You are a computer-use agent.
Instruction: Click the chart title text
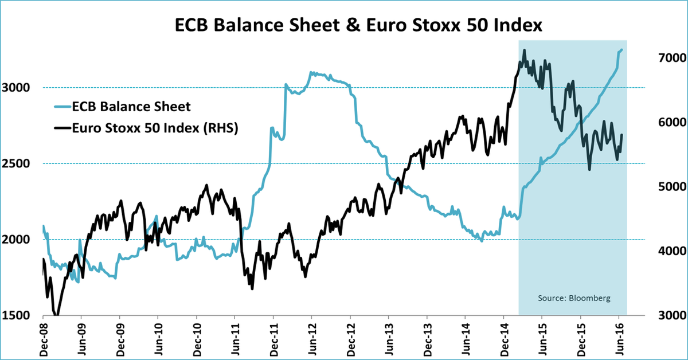click(344, 25)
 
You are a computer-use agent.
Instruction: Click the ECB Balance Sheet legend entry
click(132, 106)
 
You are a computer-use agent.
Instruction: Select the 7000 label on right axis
click(664, 58)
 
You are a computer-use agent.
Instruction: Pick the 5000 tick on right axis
click(664, 187)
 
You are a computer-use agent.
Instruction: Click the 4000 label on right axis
click(664, 251)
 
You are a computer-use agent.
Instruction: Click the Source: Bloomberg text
click(573, 299)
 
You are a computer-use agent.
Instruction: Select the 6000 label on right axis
click(664, 123)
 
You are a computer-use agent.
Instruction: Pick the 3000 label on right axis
click(664, 315)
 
